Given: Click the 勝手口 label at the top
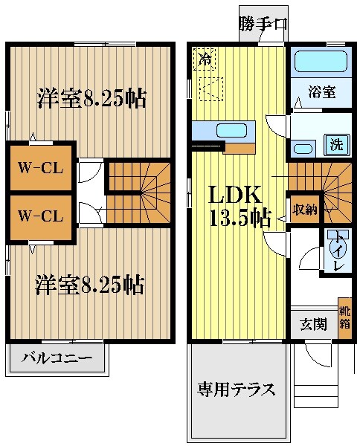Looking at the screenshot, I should click(x=263, y=23).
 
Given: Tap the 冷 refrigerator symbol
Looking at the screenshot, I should click(x=203, y=60).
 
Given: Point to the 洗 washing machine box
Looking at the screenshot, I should click(x=337, y=144).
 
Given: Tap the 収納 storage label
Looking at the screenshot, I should click(x=304, y=209).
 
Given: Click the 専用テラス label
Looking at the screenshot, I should click(x=236, y=389).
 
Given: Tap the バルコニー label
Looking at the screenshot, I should click(x=57, y=358).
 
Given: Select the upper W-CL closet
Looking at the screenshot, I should click(x=41, y=167).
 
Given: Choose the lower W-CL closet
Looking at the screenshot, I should click(x=41, y=216).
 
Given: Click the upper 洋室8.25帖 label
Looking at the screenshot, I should click(x=91, y=98).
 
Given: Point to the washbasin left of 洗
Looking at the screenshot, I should click(x=303, y=148).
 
